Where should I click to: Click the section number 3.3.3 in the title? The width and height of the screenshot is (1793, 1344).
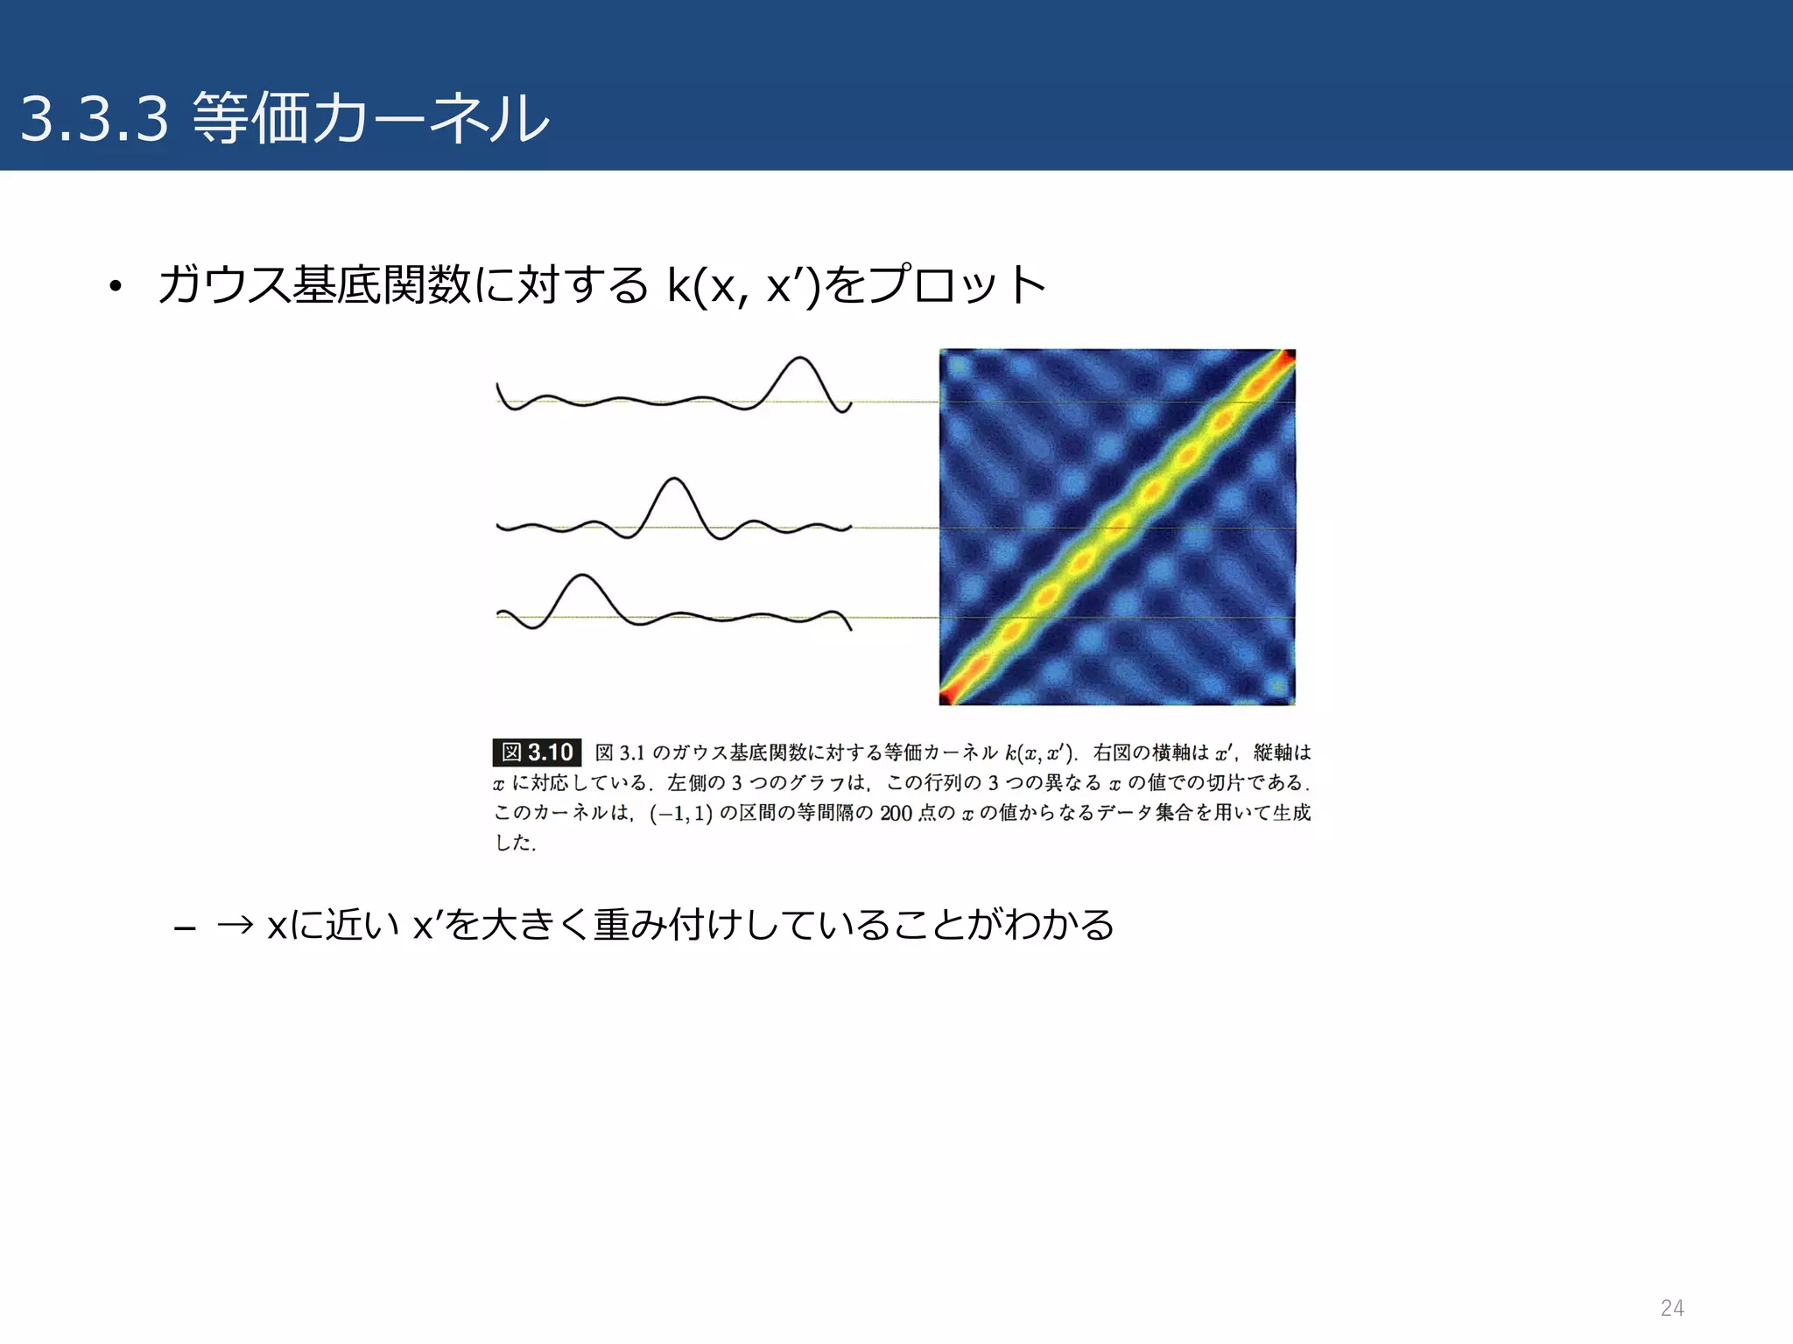coord(94,119)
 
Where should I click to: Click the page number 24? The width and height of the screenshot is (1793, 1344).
coord(1671,1308)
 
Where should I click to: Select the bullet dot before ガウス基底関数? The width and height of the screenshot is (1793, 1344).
coord(114,288)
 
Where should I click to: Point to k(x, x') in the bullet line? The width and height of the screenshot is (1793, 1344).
coord(743,285)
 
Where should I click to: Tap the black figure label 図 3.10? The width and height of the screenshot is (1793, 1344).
coord(537,752)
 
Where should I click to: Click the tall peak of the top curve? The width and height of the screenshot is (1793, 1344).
coord(799,359)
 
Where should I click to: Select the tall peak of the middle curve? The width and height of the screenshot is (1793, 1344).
coord(673,479)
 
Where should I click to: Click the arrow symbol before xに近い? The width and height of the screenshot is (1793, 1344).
coord(234,925)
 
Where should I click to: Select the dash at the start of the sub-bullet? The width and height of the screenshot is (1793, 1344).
coord(184,927)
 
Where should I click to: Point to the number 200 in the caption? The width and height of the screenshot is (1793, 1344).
coord(896,814)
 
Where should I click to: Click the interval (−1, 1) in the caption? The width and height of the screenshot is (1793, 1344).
coord(680,814)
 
